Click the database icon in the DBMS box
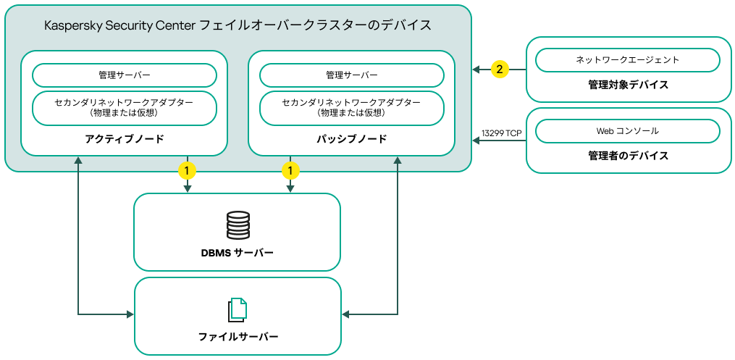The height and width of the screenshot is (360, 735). [238, 225]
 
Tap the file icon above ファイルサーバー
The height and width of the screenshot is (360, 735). [238, 310]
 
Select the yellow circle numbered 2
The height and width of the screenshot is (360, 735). [500, 70]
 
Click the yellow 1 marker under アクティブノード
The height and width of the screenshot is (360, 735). [188, 171]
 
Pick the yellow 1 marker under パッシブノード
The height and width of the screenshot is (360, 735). [290, 171]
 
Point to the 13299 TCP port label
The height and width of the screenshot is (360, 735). [501, 133]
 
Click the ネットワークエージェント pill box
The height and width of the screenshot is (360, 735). [627, 60]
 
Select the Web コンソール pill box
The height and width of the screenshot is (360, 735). [627, 131]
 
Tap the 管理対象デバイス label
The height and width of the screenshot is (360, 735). [628, 85]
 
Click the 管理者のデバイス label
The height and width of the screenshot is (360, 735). [628, 156]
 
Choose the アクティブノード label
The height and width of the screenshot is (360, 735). [125, 139]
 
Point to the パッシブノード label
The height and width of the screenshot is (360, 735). [352, 139]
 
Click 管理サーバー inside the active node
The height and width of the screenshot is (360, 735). [125, 75]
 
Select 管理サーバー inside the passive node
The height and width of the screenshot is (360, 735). [352, 75]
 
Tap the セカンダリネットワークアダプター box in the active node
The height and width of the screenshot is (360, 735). [125, 108]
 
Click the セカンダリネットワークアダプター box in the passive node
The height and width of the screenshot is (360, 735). [352, 108]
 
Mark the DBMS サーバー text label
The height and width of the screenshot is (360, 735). [237, 253]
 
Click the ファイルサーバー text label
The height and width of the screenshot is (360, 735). [238, 337]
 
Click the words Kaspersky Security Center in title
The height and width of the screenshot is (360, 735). [119, 25]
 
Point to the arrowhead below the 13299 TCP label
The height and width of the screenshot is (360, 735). [476, 141]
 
